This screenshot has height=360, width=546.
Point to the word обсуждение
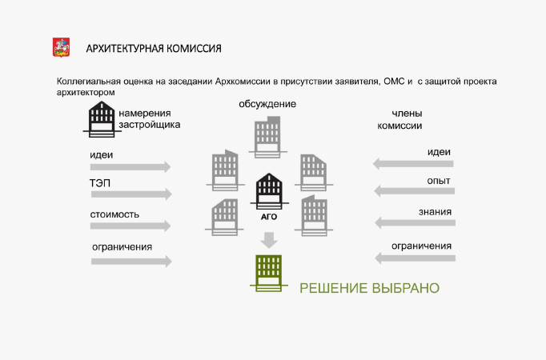[x=267, y=104]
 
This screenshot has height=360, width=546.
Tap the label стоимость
[x=114, y=214]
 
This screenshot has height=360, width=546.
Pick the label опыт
[x=439, y=182]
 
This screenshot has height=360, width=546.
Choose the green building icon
[x=269, y=272]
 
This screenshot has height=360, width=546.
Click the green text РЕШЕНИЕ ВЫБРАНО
[x=369, y=288]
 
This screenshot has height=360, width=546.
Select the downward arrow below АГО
[x=269, y=239]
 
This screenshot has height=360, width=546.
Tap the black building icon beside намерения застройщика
[x=102, y=120]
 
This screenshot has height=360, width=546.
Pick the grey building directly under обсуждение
[x=267, y=135]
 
